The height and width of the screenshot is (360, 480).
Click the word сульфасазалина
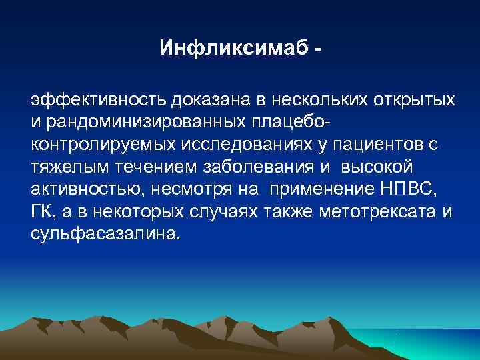103,233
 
